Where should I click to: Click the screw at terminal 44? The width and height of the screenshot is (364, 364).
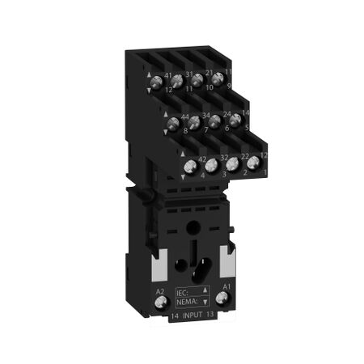(x=172, y=125)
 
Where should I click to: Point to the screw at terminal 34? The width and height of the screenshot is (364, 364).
(x=194, y=123)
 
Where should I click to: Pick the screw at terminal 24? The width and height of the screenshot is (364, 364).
(x=215, y=121)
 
